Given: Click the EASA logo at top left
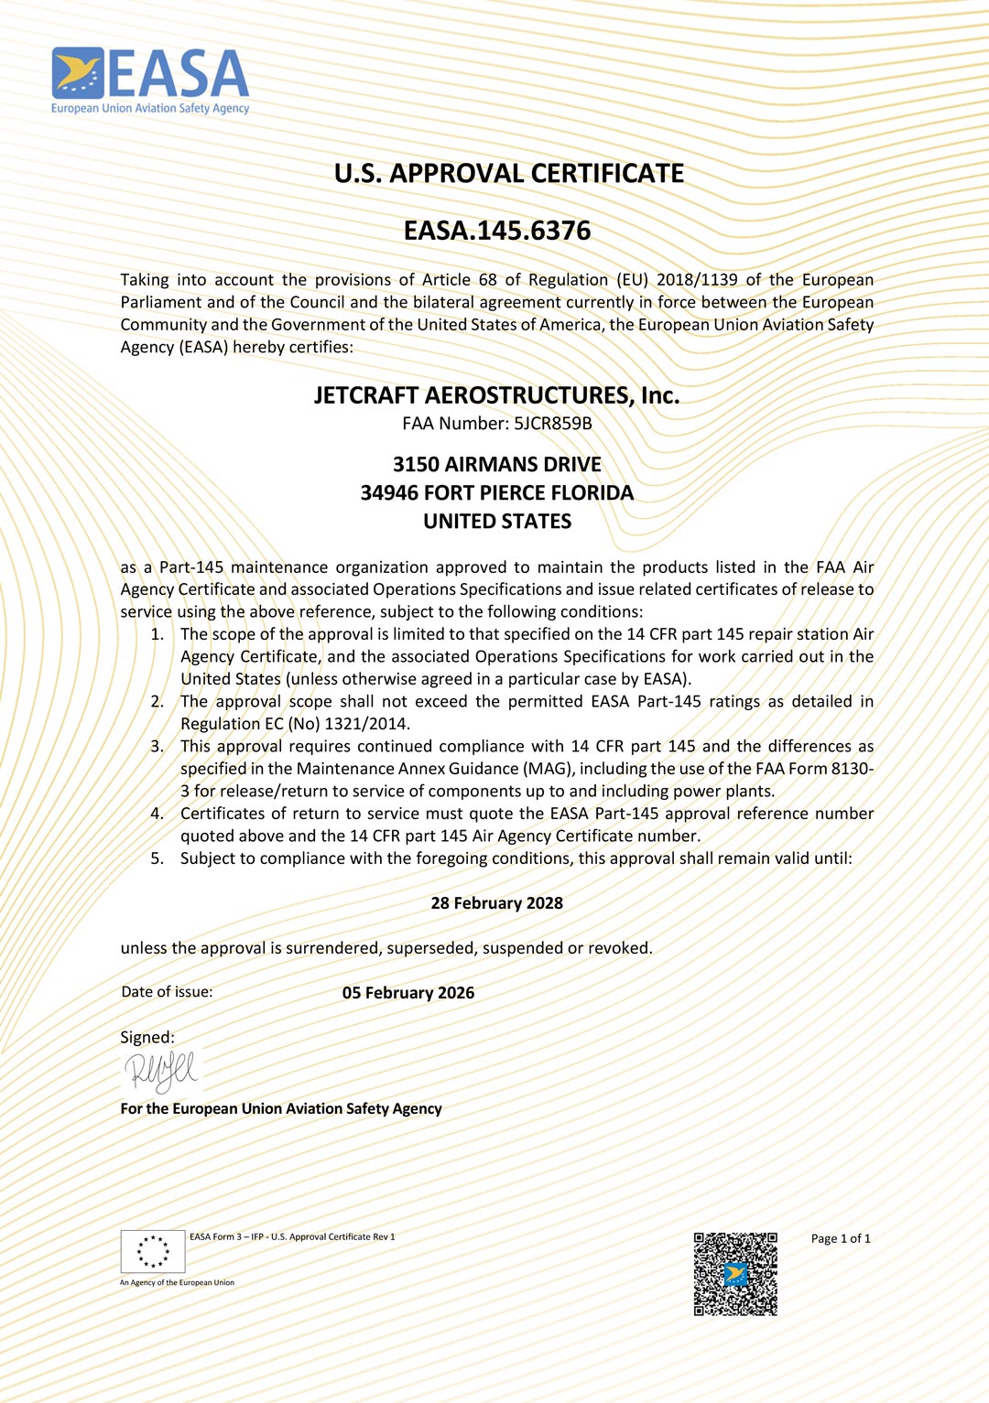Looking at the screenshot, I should click(x=150, y=81).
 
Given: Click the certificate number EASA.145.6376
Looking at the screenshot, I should click(x=497, y=231).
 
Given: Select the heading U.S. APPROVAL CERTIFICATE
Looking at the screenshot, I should click(x=508, y=174).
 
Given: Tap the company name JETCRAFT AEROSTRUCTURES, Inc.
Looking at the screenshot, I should click(x=496, y=395).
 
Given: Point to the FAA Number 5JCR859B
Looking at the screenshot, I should click(x=552, y=424).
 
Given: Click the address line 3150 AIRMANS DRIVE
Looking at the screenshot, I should click(x=496, y=465).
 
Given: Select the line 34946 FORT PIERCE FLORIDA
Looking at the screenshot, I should click(x=496, y=493).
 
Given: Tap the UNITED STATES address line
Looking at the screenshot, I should click(x=496, y=522).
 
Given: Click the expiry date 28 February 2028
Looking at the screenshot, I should click(x=496, y=903).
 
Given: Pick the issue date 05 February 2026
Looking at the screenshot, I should click(x=408, y=993).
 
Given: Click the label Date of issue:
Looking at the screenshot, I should click(x=167, y=992).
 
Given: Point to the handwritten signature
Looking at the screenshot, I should click(x=161, y=1071).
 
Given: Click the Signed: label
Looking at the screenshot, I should click(x=147, y=1038).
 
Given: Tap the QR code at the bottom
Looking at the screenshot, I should click(x=735, y=1274).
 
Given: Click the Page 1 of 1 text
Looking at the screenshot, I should click(x=840, y=1239).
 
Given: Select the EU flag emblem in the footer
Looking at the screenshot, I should click(x=153, y=1251).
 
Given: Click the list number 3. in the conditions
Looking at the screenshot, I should click(x=158, y=747).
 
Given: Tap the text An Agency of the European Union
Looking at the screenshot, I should click(x=177, y=1283).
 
